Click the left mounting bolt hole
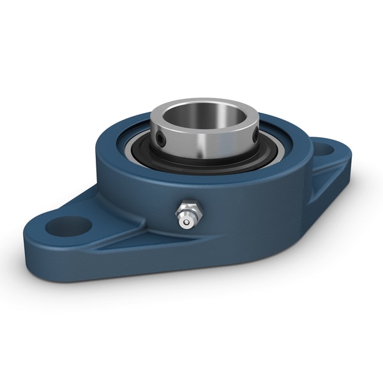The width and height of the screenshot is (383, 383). (70, 225)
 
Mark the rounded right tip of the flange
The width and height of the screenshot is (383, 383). (348, 153)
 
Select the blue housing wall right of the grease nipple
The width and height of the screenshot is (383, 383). (243, 204)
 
